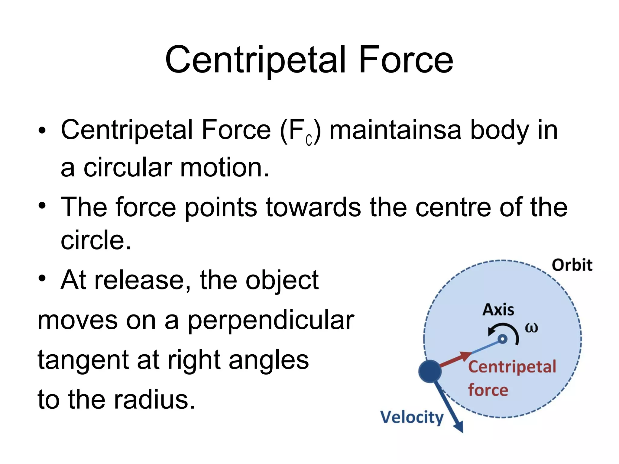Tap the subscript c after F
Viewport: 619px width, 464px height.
point(309,140)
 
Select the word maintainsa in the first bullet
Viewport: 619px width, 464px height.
point(395,130)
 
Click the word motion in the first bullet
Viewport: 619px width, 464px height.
point(224,168)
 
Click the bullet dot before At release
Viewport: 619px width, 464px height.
point(42,278)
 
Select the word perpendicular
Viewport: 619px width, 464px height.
point(271,321)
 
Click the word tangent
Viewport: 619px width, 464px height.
point(83,360)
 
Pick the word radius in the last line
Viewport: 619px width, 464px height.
point(154,400)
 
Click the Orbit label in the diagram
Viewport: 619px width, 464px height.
point(572,265)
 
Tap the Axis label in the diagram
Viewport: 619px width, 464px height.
point(498,310)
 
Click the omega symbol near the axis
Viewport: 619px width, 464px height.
point(531,328)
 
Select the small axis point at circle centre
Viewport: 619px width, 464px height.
point(502,339)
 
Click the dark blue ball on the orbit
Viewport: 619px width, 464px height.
point(430,371)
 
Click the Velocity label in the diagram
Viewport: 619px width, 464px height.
point(412,418)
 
